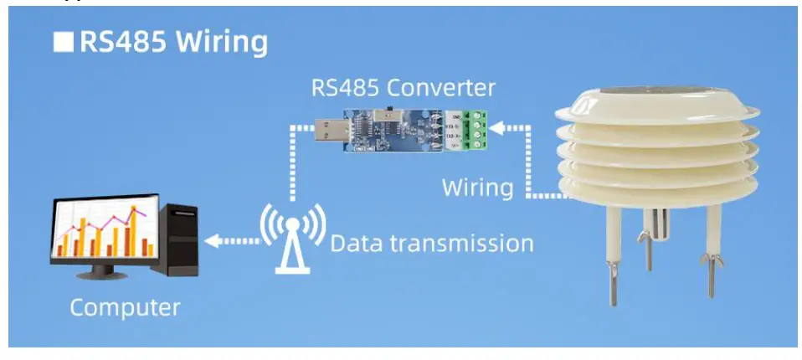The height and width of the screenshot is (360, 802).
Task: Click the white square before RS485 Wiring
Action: [64, 43]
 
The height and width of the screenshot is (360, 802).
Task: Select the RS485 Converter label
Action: [404, 87]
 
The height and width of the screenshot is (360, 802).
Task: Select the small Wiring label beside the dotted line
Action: [477, 188]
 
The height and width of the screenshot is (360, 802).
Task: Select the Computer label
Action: [125, 307]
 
